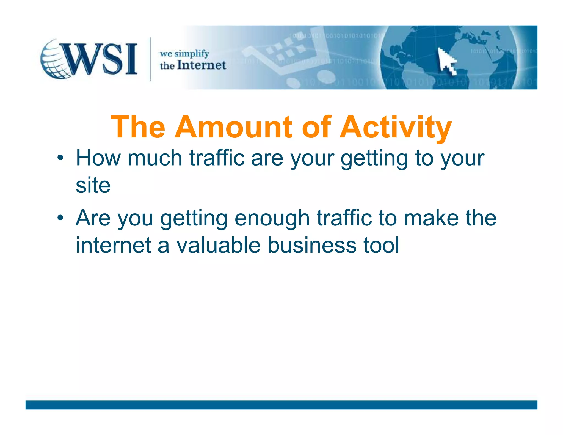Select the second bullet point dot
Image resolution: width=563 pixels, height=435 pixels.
60,218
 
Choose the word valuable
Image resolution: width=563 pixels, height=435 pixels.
218,245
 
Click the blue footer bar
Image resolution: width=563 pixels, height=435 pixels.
281,405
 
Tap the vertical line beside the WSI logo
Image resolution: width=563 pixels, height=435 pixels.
150,59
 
